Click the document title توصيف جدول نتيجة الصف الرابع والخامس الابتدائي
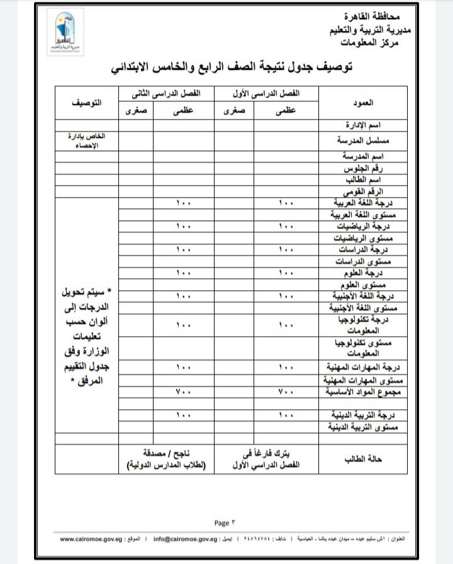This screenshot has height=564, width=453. (231, 67)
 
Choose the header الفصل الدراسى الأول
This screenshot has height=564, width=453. (267, 93)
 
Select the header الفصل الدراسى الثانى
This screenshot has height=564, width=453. (165, 93)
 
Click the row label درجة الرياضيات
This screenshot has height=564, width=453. (366, 225)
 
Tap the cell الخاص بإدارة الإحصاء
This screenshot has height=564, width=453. (87, 140)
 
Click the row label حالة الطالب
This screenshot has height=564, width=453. (363, 460)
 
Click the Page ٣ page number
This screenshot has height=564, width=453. (223, 522)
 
